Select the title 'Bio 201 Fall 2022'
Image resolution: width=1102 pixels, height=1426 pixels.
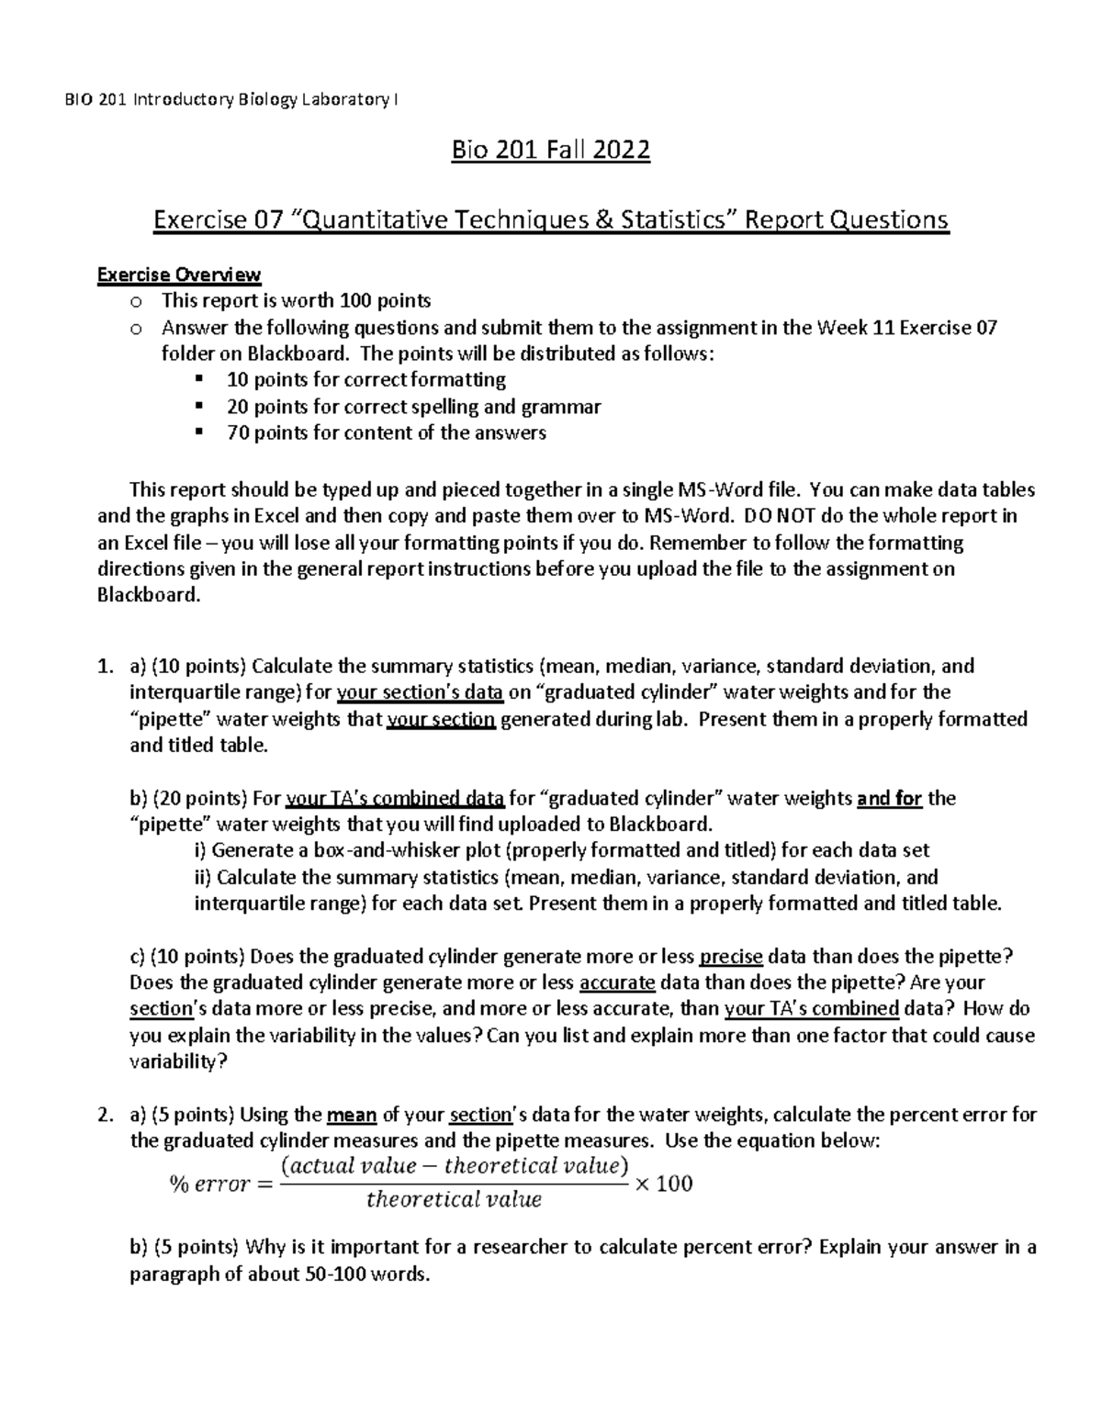(x=550, y=151)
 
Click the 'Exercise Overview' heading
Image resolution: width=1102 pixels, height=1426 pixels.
(x=179, y=275)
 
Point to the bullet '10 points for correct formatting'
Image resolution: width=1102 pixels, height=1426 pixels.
(x=365, y=380)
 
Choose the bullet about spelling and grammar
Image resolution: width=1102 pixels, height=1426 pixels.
(x=413, y=407)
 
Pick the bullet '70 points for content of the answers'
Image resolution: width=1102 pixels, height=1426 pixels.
(x=386, y=433)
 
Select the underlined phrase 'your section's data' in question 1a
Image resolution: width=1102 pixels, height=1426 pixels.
(x=420, y=692)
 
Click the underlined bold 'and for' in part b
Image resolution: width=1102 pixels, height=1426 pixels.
(x=889, y=799)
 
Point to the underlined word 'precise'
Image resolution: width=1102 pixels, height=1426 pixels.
(x=731, y=957)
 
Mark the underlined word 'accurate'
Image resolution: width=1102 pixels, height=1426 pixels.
(x=617, y=983)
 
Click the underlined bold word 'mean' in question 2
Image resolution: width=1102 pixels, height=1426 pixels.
(x=352, y=1116)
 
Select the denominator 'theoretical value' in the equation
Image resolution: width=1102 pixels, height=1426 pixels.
(x=454, y=1200)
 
